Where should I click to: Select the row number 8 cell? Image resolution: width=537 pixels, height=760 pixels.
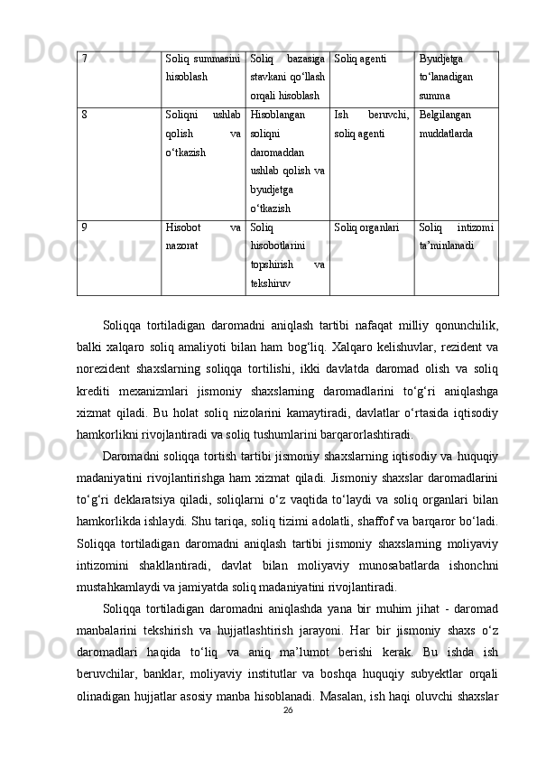pos(84,116)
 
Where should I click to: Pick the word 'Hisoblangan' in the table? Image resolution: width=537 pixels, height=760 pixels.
pos(277,116)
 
